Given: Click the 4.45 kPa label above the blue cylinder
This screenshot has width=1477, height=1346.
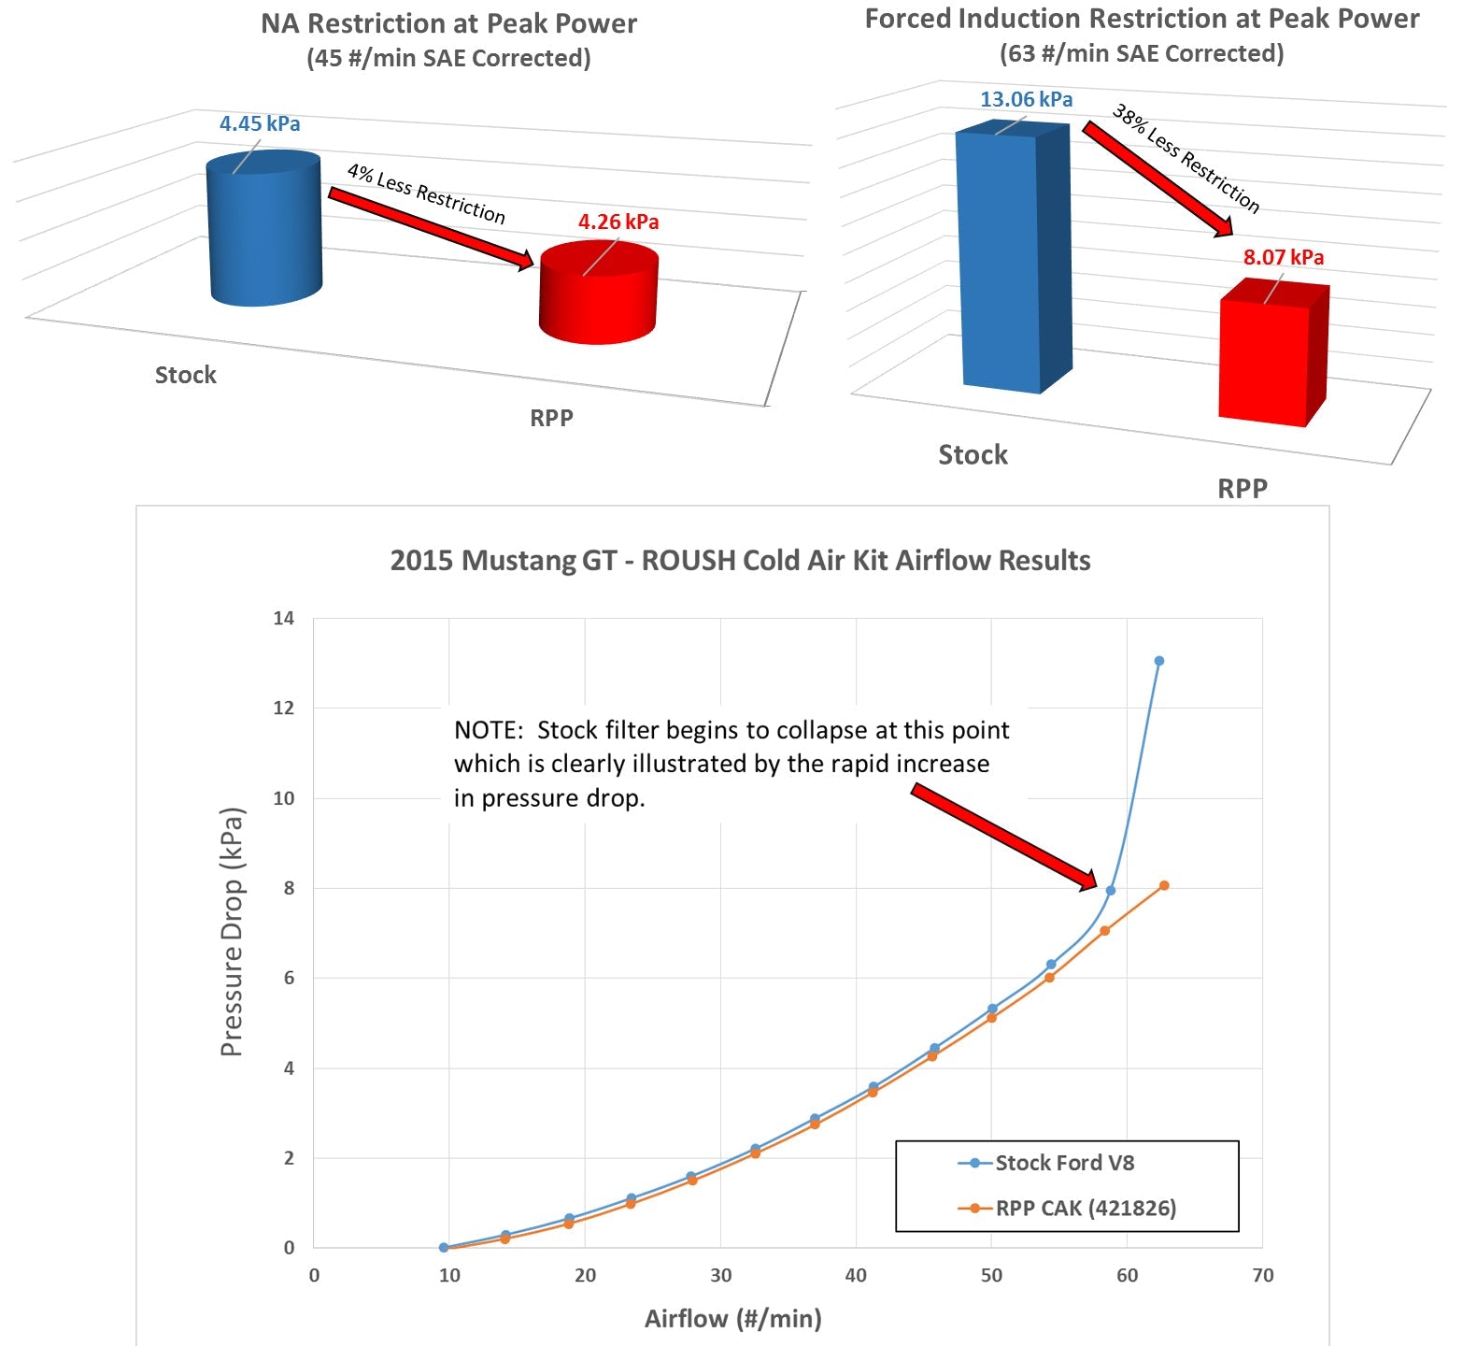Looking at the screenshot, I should point(260,124).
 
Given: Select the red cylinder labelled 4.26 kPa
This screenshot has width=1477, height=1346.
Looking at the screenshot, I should point(599,294).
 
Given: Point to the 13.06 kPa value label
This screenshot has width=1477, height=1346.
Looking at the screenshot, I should point(1026,99).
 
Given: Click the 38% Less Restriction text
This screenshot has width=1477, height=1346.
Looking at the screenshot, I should point(1186,158).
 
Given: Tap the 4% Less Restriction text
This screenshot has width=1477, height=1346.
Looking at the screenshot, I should point(426,193).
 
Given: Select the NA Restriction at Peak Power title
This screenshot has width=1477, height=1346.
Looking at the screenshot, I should point(448,24).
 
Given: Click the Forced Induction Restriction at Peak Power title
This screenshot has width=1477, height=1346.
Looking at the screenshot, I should point(1142,20).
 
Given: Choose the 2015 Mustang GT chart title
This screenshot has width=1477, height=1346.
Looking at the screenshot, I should point(740,561).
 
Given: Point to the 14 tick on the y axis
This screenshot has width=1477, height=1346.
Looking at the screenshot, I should point(283,618).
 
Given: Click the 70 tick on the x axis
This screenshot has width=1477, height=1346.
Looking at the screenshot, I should point(1262,1276).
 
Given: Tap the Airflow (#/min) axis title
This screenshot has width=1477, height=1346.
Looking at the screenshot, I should point(733,1319).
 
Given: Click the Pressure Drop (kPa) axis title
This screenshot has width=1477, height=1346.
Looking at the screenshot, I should point(232,932).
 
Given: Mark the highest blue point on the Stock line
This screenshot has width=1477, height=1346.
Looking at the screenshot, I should point(1159,661).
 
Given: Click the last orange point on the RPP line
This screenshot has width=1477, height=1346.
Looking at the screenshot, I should point(1164,885).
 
